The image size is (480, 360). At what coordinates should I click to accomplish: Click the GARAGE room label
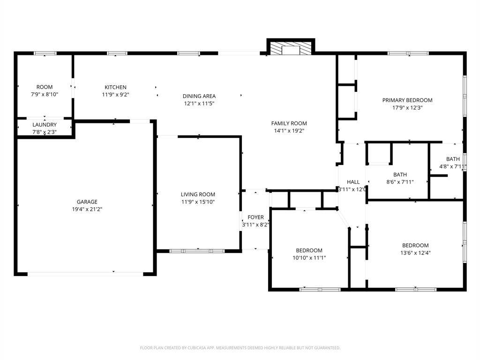click(x=87, y=202)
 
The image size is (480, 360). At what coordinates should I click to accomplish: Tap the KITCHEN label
click(x=115, y=87)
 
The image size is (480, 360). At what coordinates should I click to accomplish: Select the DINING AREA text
click(x=199, y=96)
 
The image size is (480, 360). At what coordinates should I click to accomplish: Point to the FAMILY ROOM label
click(x=289, y=123)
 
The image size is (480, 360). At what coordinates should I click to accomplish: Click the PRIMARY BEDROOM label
click(x=407, y=100)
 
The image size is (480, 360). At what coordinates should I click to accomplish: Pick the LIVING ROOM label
click(x=198, y=195)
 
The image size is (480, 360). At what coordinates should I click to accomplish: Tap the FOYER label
click(x=255, y=217)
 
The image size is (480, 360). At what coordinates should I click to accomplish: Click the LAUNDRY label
click(x=45, y=125)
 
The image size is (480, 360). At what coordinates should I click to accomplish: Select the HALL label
click(x=353, y=182)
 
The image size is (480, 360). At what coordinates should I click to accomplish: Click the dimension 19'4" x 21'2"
click(x=87, y=210)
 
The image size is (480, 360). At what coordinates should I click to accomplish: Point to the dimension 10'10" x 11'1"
click(x=309, y=258)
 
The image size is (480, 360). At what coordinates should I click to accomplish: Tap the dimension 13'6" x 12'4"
click(x=415, y=253)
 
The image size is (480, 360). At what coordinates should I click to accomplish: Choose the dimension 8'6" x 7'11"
click(x=400, y=182)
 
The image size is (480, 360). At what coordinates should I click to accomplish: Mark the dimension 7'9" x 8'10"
click(x=45, y=94)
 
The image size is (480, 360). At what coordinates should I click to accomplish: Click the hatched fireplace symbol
click(x=291, y=49)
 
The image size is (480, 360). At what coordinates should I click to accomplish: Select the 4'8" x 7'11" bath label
click(x=453, y=163)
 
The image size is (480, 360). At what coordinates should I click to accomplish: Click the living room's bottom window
click(x=197, y=251)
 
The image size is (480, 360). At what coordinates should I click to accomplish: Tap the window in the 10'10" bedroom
click(x=320, y=289)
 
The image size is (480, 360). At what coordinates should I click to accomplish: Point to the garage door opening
click(x=85, y=274)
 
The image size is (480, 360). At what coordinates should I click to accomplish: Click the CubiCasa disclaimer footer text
click(x=240, y=348)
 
